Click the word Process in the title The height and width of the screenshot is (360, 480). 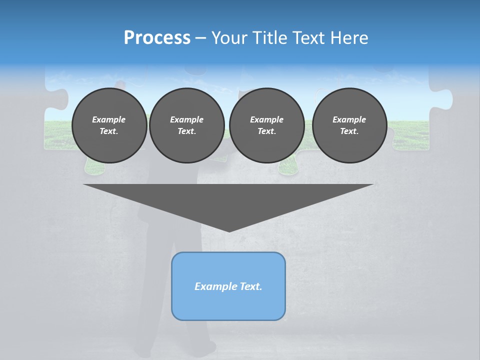pos(157,38)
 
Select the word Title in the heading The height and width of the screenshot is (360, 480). pos(271,38)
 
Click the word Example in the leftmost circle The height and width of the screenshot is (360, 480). pos(109,119)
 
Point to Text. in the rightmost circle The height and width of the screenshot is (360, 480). pos(349,131)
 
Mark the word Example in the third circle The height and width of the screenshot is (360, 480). pos(266,119)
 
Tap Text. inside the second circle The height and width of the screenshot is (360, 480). pos(186,131)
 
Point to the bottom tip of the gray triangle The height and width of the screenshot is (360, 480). pos(229,230)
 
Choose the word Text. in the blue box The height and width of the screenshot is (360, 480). pos(250,286)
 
